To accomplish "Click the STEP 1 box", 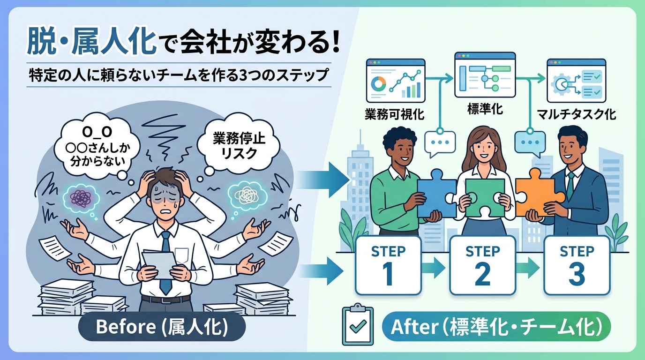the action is point(388,265).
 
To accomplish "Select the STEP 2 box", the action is point(483,265).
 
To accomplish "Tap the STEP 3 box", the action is point(577,265).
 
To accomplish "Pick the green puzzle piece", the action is point(484,198).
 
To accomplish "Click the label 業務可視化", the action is point(394,114).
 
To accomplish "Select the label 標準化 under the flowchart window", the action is point(485,109).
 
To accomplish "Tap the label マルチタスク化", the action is point(577,114).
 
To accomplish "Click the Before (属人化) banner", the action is point(162,327).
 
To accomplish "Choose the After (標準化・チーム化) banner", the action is point(496,327).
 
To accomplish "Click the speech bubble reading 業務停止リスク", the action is point(239,146).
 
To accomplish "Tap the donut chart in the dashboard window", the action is point(378,83).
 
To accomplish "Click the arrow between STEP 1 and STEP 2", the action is point(435,268).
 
